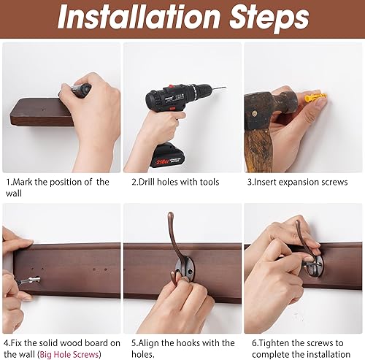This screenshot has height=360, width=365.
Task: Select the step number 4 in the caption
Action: click(7, 342)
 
